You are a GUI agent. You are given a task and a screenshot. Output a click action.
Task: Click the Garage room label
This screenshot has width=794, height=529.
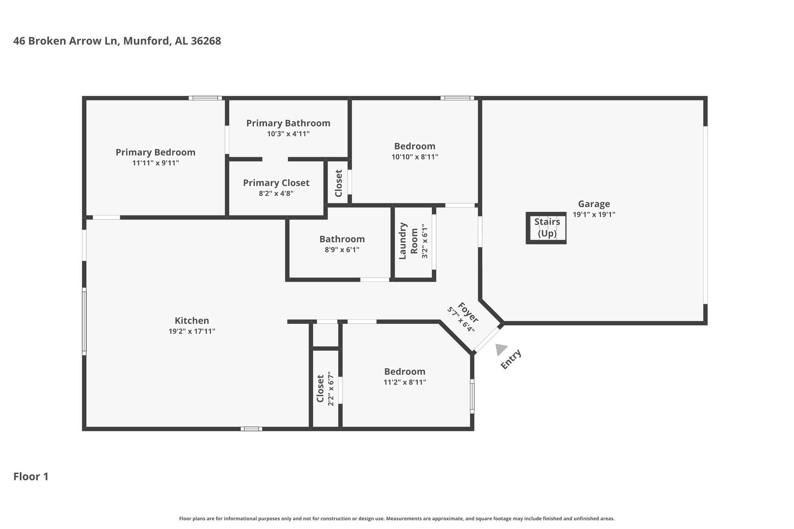tap(594, 204)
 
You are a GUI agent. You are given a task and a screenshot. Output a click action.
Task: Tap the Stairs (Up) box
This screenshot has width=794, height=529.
tap(546, 228)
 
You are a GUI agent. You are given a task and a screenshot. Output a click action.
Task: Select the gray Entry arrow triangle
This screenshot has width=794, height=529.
tap(501, 349)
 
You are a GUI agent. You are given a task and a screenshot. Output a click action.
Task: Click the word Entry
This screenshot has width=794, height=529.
tap(511, 360)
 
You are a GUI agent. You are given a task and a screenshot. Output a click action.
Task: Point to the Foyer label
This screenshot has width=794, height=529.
tap(468, 313)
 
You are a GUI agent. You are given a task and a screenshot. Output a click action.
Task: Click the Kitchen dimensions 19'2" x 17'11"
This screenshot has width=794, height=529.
tap(192, 331)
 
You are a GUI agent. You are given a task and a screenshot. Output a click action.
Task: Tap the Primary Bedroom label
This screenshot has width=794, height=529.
tap(155, 152)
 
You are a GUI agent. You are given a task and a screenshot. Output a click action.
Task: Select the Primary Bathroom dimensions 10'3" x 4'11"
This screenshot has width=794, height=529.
tap(288, 134)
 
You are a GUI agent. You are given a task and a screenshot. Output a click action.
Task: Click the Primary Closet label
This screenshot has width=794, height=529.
tap(276, 183)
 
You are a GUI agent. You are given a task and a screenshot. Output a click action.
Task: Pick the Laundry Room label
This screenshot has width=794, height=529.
tap(408, 241)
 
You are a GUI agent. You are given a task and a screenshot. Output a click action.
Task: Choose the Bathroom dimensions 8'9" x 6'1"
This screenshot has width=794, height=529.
tap(342, 250)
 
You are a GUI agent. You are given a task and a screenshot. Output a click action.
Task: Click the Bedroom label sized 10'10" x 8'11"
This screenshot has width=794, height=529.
tap(415, 146)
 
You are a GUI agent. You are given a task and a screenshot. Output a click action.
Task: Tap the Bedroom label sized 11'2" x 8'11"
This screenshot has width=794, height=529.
tap(405, 371)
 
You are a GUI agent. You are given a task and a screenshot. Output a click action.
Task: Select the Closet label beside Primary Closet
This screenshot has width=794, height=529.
tap(339, 183)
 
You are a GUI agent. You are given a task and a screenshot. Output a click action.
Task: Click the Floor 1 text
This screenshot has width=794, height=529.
tap(31, 477)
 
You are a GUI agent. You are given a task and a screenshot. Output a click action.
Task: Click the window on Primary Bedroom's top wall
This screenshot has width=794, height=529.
tap(205, 98)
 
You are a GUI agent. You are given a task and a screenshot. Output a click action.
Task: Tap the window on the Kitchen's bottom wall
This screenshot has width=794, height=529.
tap(251, 429)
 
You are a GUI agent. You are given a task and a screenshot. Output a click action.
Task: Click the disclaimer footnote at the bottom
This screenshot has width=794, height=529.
tap(397, 518)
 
